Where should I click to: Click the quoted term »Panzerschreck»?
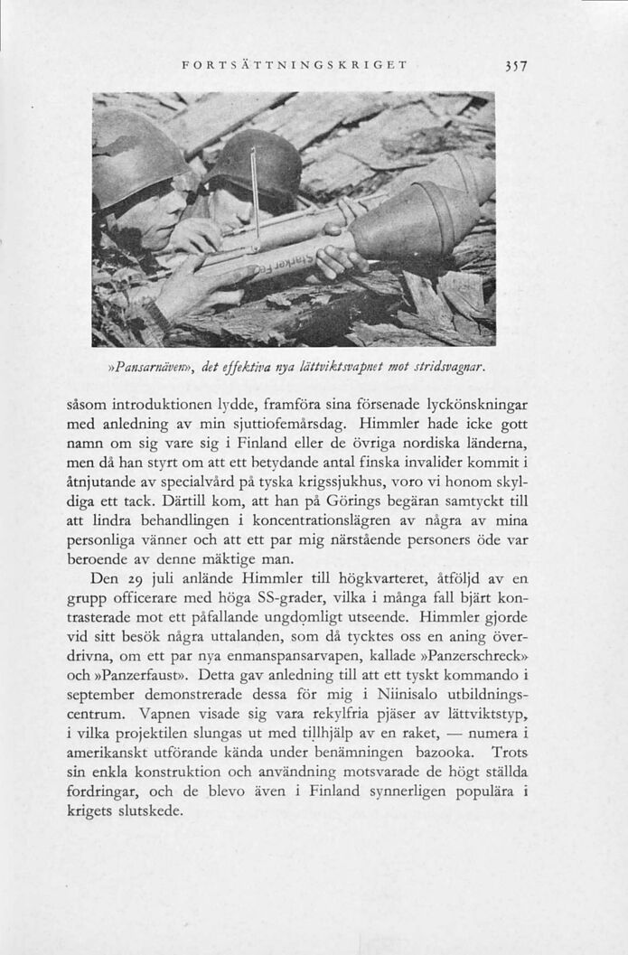(476, 659)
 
